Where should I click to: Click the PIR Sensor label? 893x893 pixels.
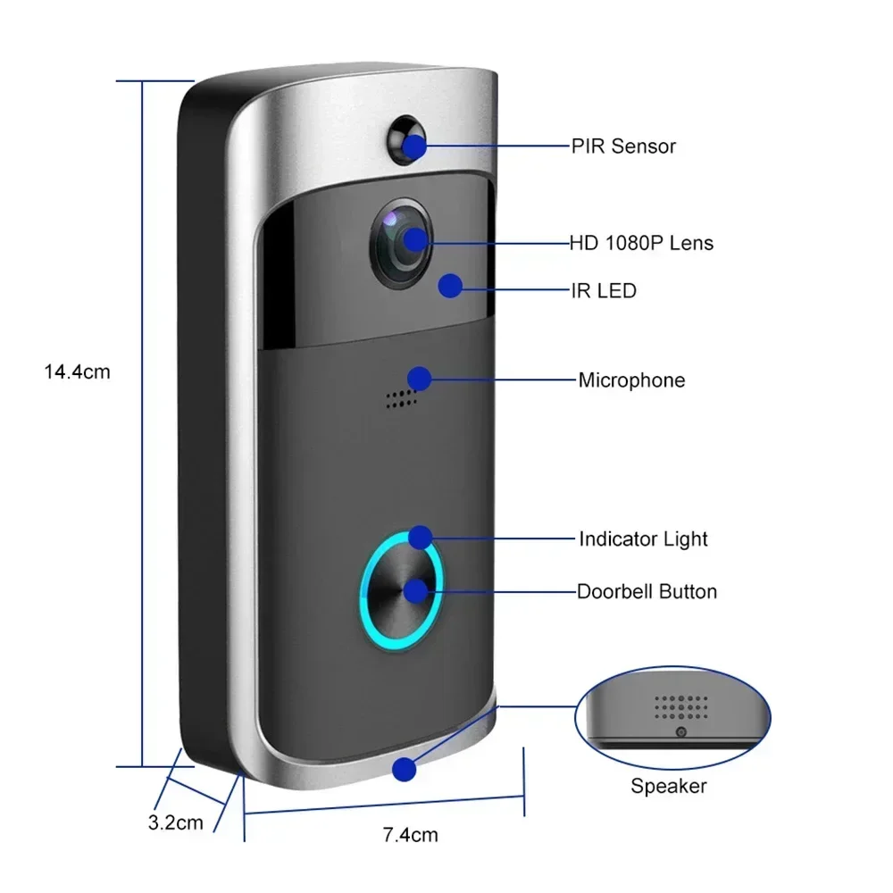pos(623,146)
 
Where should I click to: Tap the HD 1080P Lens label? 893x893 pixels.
pos(641,243)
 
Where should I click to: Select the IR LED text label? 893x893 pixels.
pos(604,290)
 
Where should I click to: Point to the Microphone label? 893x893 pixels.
pos(631,380)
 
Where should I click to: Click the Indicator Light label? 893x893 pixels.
pos(643,539)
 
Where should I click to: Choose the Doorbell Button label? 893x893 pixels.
pos(647,591)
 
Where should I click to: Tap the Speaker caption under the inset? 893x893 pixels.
pos(668,787)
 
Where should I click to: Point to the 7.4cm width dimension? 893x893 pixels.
pos(410,836)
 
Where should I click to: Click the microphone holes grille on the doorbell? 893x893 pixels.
pos(402,399)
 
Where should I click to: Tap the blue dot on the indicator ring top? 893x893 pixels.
pos(421,538)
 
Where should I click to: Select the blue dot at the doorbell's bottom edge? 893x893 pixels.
pos(406,768)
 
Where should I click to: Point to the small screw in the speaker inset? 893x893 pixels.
pos(680,732)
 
